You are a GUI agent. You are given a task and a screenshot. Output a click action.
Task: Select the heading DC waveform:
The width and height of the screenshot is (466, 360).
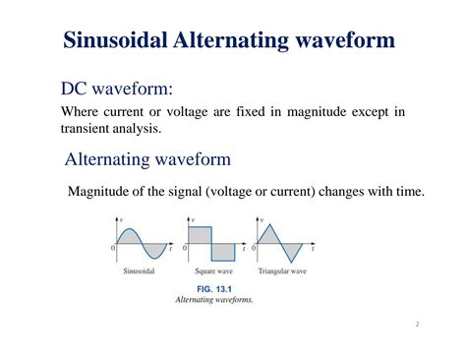(x=117, y=90)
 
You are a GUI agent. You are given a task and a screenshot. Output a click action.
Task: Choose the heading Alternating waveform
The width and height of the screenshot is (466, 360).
(x=147, y=159)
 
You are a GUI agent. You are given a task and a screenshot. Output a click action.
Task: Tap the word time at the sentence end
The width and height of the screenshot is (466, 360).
(x=408, y=191)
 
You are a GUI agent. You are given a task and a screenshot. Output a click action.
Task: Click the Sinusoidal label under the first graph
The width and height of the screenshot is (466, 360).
(x=142, y=270)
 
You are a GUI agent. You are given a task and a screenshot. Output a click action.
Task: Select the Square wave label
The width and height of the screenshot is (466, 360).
(x=213, y=270)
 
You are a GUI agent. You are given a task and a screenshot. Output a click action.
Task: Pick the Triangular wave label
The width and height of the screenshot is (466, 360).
(x=283, y=270)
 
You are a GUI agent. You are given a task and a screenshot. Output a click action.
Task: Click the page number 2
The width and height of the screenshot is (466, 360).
(x=417, y=324)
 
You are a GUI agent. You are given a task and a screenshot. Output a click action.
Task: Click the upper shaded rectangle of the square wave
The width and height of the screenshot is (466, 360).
(x=199, y=238)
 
